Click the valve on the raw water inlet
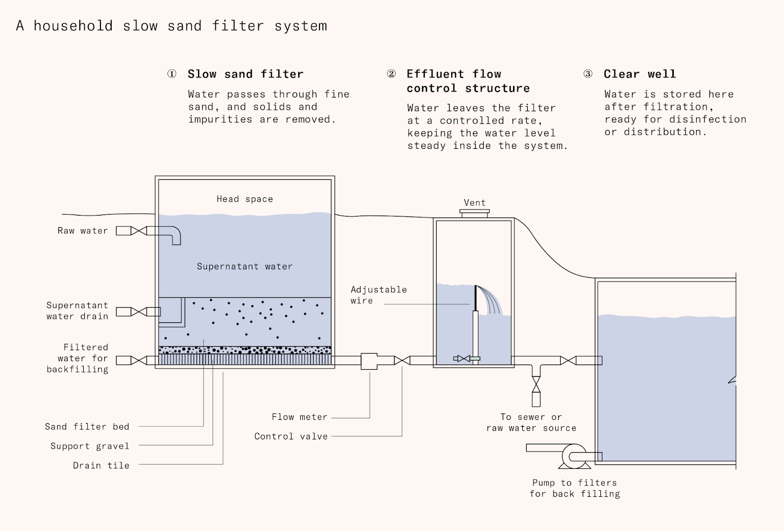pos(139,231)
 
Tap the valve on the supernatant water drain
pos(139,312)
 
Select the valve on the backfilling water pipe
pos(139,361)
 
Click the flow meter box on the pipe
pos(369,362)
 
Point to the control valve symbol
pos(402,361)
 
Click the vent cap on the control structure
pos(474,213)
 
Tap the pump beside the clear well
pos(574,456)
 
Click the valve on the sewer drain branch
pos(536,385)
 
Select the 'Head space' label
pos(245,199)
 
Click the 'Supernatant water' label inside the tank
pos(245,266)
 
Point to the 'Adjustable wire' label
pos(379,295)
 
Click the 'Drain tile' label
pos(101,465)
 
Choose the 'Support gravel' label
pos(90,446)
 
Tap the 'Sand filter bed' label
pos(87,427)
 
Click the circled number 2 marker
pos(392,74)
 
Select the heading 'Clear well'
pos(640,74)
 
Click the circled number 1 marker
pos(172,74)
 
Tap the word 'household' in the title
pos(73,26)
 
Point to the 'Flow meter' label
pos(299,417)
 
